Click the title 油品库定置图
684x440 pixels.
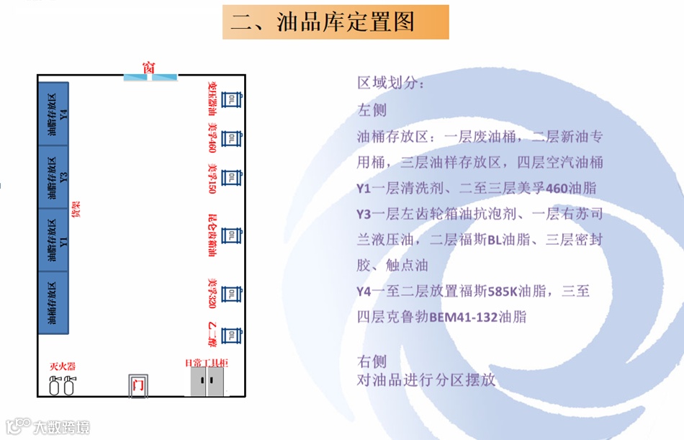336,22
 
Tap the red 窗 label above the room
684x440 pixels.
149,68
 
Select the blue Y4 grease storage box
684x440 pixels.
53,114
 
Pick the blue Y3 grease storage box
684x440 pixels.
53,176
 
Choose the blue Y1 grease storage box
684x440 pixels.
53,240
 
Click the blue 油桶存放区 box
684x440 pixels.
53,302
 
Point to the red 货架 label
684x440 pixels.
76,210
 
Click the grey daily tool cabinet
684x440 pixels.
208,380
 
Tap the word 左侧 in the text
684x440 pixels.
372,109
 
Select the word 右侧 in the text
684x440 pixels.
372,361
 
